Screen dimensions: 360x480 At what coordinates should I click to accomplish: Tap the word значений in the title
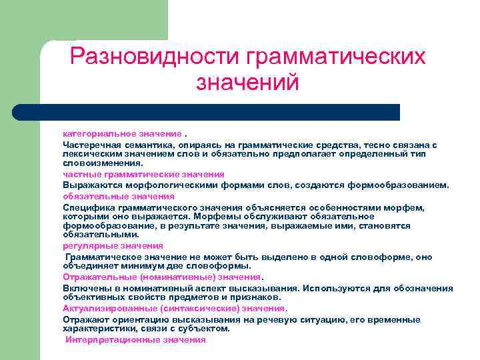247,83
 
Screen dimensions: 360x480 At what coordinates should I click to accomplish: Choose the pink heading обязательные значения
119,197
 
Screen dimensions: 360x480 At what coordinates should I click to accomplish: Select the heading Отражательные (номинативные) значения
163,277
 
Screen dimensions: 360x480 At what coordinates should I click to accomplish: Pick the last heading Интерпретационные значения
135,340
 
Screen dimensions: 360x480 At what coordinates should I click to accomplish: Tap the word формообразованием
407,185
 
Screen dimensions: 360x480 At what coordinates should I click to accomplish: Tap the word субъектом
207,329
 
